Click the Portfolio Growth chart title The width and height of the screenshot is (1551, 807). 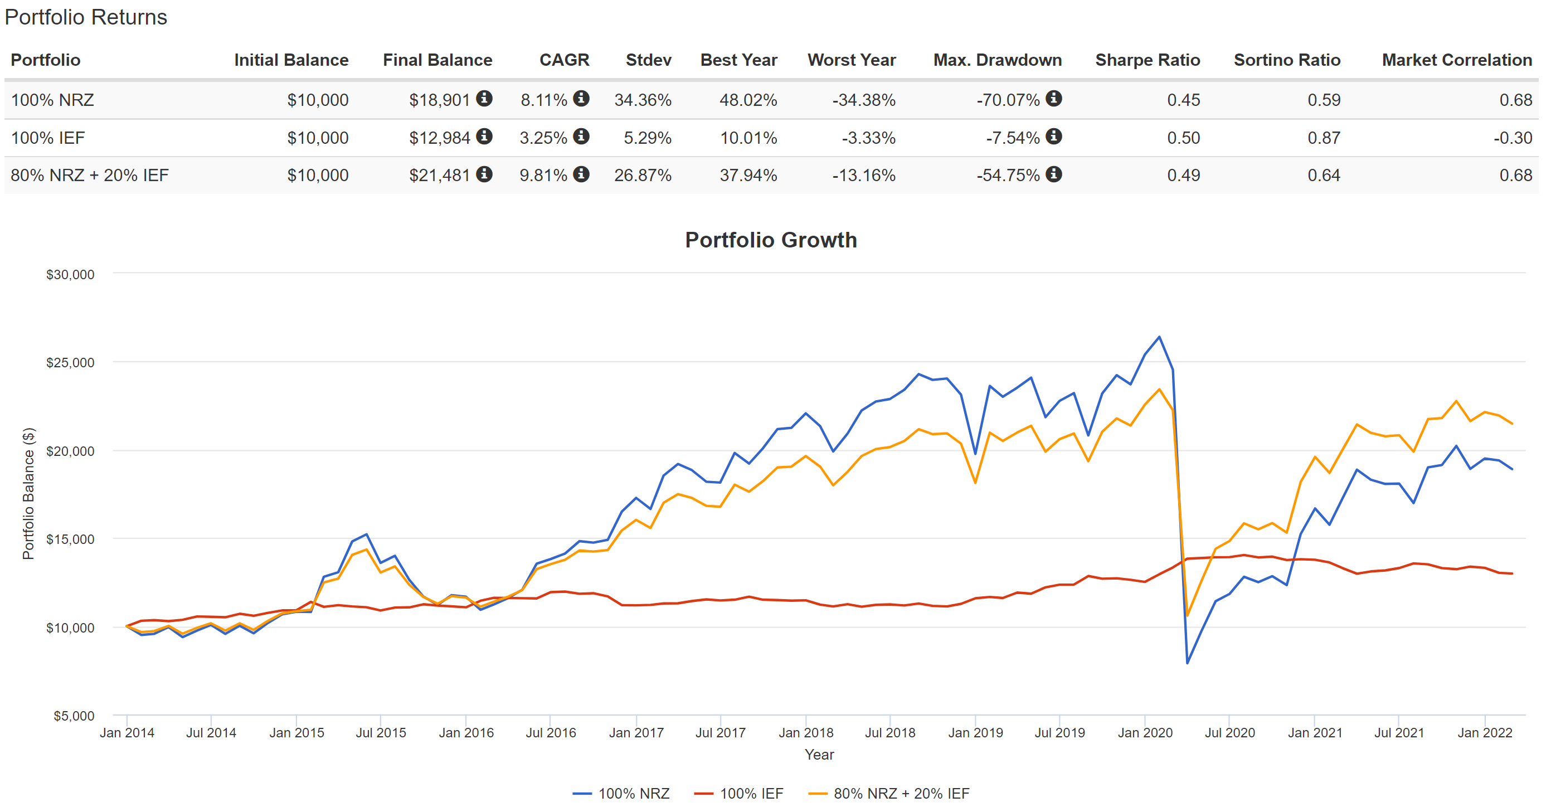point(770,240)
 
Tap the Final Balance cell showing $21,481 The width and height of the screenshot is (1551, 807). point(439,175)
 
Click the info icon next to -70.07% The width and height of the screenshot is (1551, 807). point(1053,98)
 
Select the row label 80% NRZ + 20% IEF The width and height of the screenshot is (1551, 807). point(90,175)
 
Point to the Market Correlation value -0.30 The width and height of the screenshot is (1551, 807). point(1512,138)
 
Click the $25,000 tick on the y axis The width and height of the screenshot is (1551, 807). point(70,363)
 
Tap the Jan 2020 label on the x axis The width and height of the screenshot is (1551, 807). point(1145,732)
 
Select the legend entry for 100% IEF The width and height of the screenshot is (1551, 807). point(740,793)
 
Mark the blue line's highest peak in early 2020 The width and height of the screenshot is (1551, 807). point(1159,337)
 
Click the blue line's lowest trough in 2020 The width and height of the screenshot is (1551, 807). point(1187,663)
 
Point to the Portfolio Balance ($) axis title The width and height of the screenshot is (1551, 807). point(28,493)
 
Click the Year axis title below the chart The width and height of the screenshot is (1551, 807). point(819,754)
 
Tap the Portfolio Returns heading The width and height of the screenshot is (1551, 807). point(86,17)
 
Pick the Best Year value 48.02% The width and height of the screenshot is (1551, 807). point(748,100)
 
